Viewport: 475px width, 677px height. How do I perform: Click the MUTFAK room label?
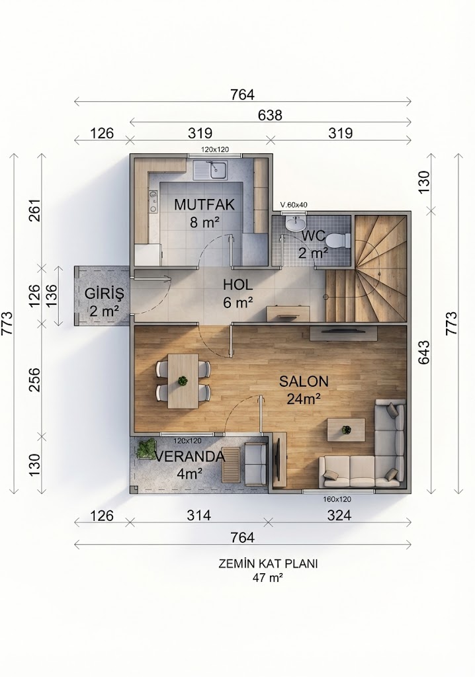[204, 204]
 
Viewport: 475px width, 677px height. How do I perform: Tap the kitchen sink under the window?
[211, 170]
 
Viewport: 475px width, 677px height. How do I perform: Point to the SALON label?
[304, 381]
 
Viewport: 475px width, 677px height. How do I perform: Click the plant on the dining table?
[183, 381]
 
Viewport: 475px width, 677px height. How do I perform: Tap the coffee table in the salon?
[346, 430]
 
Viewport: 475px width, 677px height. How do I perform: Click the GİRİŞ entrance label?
[104, 294]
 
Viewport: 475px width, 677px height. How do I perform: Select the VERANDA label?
[190, 456]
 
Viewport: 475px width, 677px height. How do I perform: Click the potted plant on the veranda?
[146, 449]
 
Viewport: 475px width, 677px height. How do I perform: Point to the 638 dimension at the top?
[270, 115]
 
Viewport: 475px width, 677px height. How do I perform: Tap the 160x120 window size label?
[337, 500]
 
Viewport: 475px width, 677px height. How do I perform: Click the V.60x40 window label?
[294, 205]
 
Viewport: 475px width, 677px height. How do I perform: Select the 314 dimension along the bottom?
[199, 515]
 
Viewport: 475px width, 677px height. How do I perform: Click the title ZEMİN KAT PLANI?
[268, 564]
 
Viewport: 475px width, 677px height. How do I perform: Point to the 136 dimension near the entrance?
[51, 296]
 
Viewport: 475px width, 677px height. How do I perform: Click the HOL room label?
[237, 285]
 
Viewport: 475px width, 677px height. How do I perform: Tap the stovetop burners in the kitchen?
[153, 202]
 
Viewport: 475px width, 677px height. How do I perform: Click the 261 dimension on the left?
[34, 210]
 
